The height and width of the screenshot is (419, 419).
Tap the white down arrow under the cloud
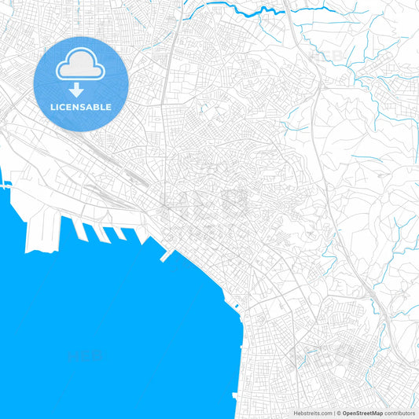point(76,90)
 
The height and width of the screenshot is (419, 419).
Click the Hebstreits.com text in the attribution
point(311,412)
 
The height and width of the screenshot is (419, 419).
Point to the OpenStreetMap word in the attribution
point(362,412)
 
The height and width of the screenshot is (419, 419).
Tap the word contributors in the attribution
point(399,412)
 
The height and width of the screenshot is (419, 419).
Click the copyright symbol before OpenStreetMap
point(338,412)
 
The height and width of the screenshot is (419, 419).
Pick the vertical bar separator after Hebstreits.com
point(333,412)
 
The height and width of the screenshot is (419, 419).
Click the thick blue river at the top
point(259,12)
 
